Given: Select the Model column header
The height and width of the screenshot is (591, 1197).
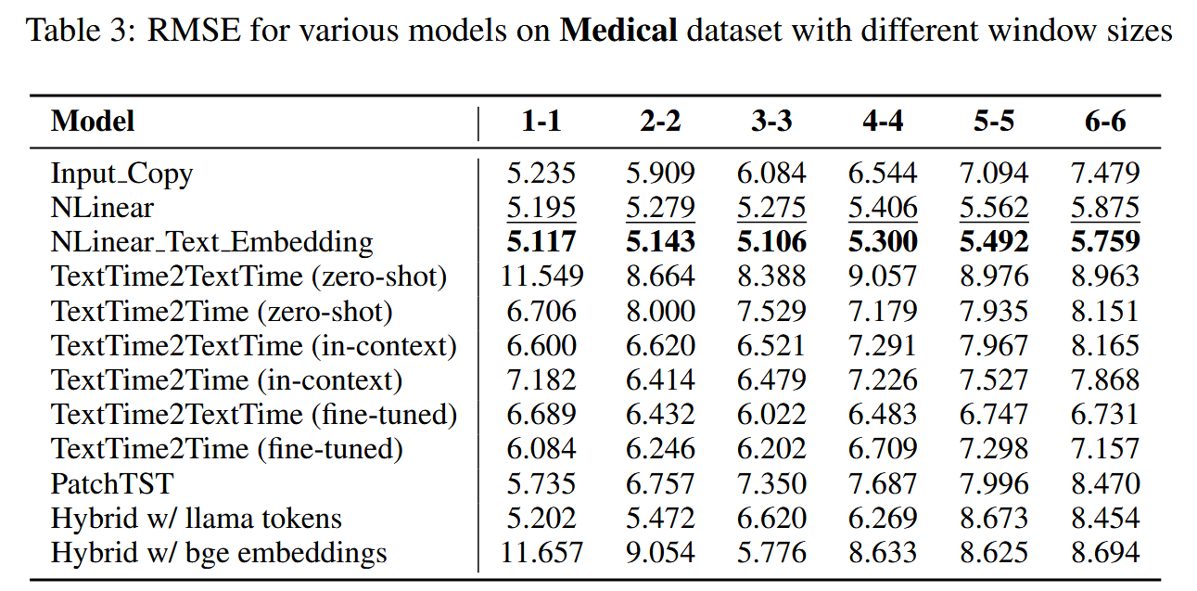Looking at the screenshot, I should pos(93,122).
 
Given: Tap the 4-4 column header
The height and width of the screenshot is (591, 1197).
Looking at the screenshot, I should pos(883,122).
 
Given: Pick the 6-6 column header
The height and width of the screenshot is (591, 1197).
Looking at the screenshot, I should pos(1105,122).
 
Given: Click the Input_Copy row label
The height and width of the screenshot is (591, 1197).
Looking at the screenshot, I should pos(121,173).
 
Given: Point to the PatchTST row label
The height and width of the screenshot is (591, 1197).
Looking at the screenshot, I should pos(112,483).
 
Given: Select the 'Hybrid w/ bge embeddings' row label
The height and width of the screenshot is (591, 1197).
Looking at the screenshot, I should pos(219,553).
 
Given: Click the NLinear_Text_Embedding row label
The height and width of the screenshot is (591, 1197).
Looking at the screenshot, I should pos(211,243).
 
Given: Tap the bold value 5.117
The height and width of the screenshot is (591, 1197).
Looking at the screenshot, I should pos(541,243).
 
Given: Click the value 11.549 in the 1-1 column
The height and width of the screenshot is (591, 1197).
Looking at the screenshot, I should pos(542,276).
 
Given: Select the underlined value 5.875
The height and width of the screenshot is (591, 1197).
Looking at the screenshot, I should pos(1105,208).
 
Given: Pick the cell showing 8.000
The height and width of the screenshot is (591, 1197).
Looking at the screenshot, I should pos(660,311).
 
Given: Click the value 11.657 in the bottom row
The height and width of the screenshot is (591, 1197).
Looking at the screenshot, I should pos(542,553).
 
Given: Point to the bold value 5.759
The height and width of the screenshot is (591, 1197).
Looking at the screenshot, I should pos(1105,243).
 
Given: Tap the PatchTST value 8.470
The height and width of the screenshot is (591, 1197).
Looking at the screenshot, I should pos(1105,483).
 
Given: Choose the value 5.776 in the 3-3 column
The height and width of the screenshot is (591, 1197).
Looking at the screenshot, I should pos(771,553).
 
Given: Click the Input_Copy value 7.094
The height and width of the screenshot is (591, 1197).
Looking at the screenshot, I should pos(994,173).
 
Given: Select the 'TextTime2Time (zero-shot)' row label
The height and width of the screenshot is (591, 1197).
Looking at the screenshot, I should pos(222,311).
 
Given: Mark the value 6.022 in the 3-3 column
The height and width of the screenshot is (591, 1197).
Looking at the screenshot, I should pos(771,415).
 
